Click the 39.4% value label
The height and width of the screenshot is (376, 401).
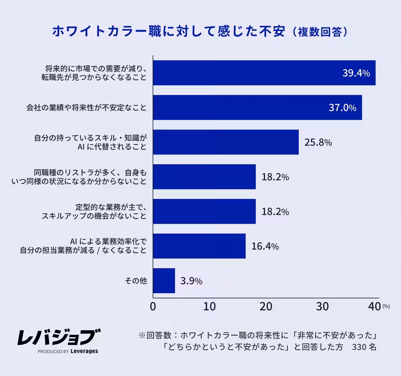coord(356,73)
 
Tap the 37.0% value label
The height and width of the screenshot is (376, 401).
coord(343,108)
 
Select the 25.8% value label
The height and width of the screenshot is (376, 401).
coord(318,143)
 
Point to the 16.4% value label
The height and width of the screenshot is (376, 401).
coord(265,247)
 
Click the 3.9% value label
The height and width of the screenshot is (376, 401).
coord(191,281)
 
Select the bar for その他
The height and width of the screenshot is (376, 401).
coord(164,281)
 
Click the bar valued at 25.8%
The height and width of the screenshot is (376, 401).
coord(226,142)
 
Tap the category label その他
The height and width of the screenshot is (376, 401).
coord(136,281)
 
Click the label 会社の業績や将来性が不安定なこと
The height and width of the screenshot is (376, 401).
coord(87,108)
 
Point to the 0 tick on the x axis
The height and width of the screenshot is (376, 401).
coord(153,306)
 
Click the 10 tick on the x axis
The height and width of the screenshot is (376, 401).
coord(210,306)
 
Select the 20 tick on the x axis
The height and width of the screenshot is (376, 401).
coord(266,306)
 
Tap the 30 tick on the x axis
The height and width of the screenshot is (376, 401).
coord(322,306)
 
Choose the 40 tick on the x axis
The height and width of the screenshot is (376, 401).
coord(374,306)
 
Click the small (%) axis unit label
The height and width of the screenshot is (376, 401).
coord(386,306)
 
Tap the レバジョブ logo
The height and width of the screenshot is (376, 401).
coord(59,337)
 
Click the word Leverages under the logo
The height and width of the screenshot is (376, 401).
coord(84,351)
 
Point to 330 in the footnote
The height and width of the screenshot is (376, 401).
coord(359,347)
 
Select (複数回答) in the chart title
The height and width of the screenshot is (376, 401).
coord(320,32)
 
